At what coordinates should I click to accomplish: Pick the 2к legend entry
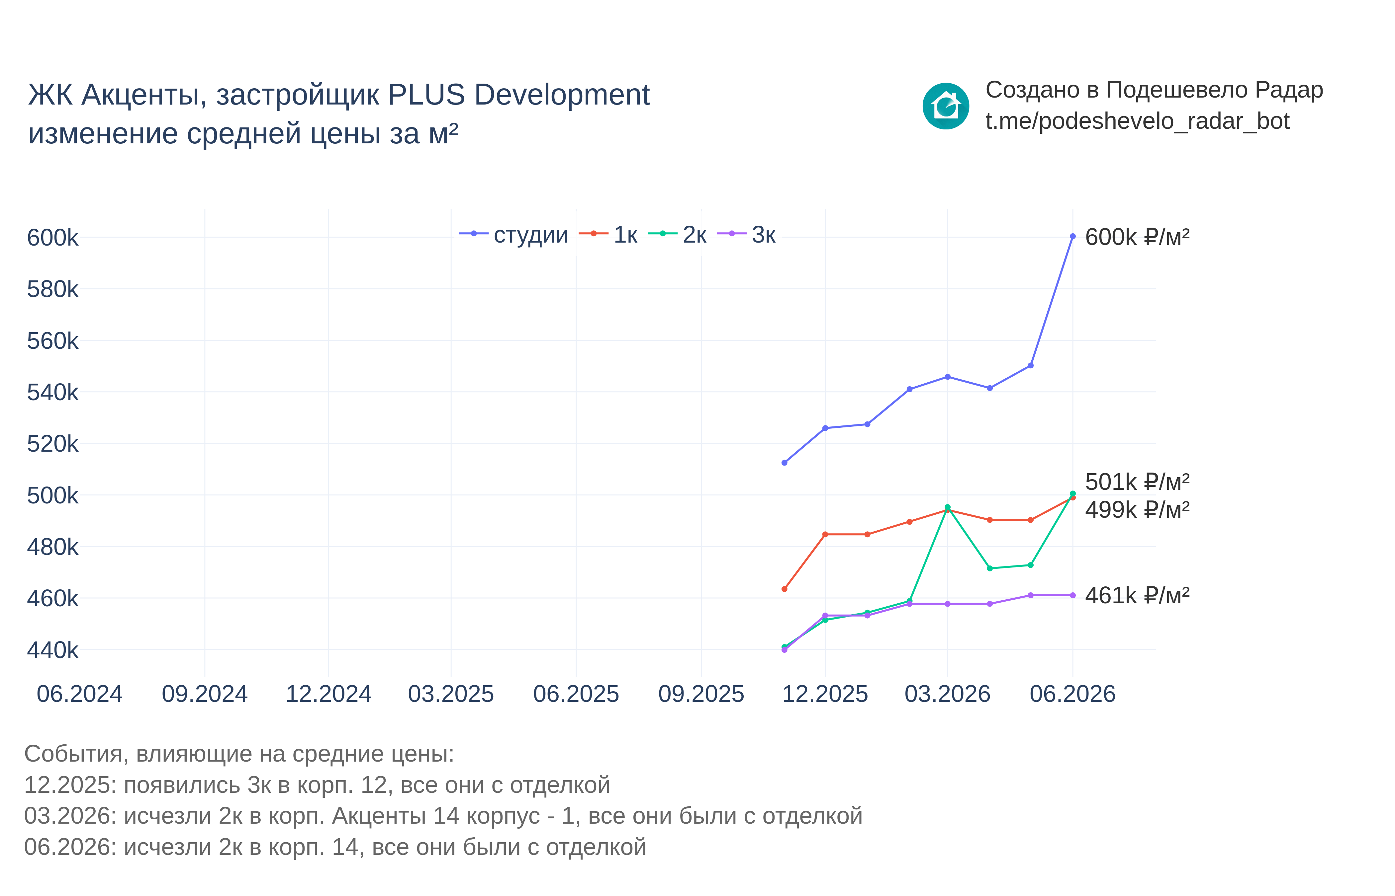(x=677, y=235)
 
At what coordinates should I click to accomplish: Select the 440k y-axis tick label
(x=52, y=650)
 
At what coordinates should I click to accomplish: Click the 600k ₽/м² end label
(x=1137, y=237)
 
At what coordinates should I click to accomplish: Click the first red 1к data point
(x=784, y=589)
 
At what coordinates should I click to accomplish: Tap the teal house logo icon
(x=946, y=106)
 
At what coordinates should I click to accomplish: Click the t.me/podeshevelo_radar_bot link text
(x=1137, y=121)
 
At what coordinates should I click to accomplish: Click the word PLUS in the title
(x=426, y=95)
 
